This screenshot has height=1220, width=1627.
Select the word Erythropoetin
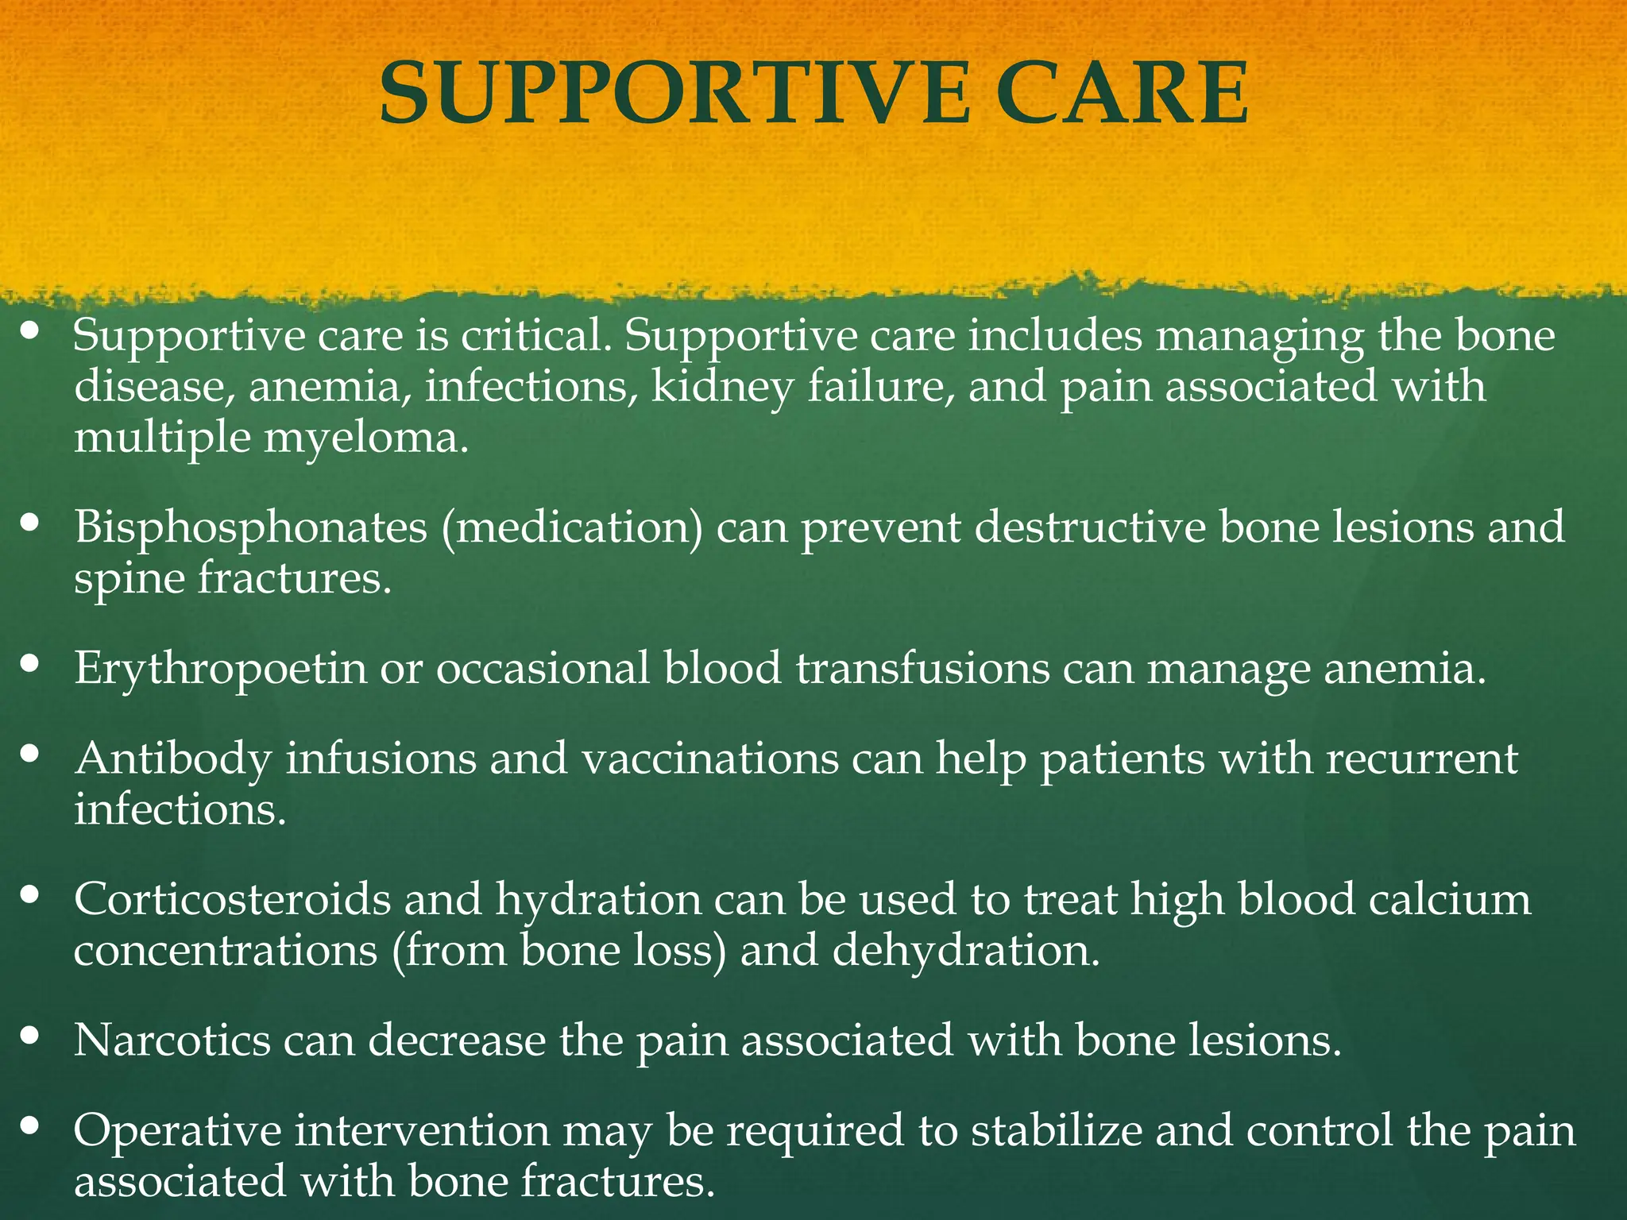[220, 669]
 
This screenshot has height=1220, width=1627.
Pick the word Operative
[177, 1131]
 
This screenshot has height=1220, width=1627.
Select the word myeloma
[365, 438]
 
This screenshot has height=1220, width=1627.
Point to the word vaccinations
[710, 759]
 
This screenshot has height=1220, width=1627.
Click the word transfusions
[922, 669]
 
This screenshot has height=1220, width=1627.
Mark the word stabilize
[1056, 1131]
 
